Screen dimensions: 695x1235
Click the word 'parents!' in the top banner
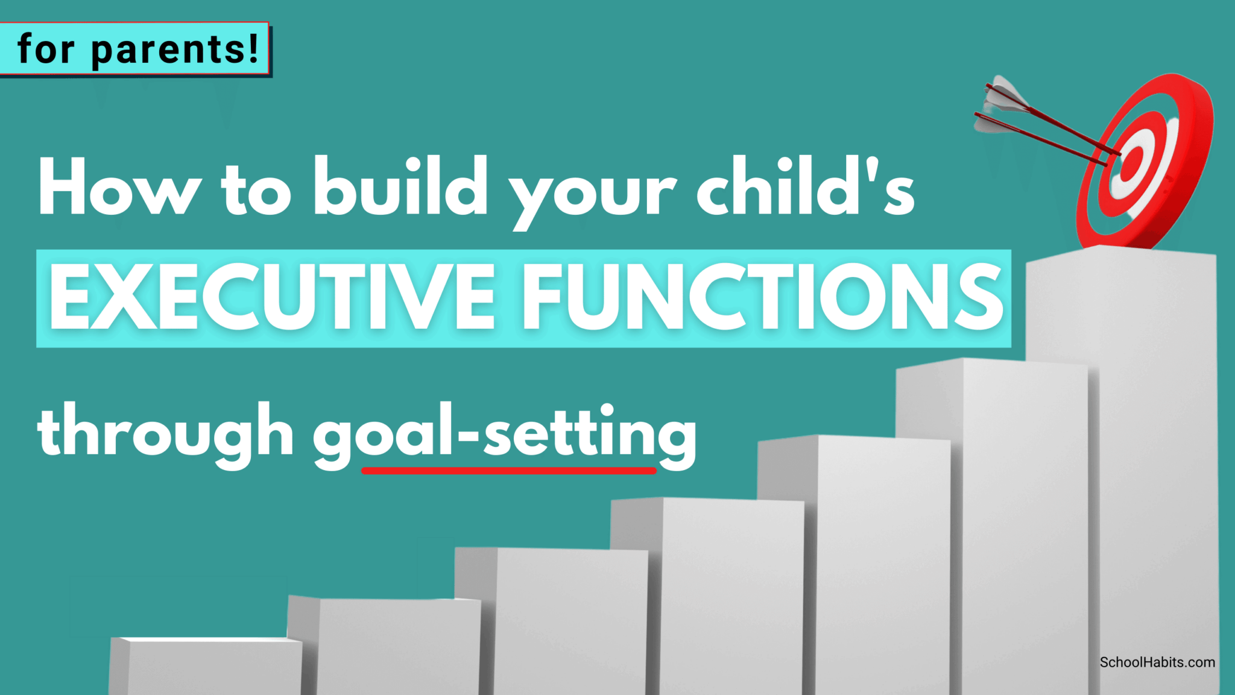pyautogui.click(x=175, y=49)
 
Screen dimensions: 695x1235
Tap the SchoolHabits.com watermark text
pyautogui.click(x=1157, y=662)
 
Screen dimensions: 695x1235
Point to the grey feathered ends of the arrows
pyautogui.click(x=998, y=106)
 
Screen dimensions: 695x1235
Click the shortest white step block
pyautogui.click(x=208, y=667)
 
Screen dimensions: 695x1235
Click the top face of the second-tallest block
pyautogui.click(x=989, y=361)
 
